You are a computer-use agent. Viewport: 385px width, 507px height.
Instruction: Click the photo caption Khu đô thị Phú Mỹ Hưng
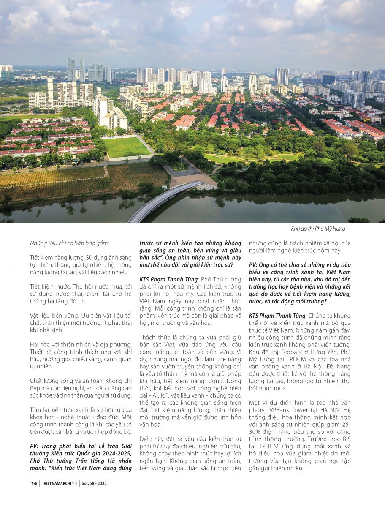pyautogui.click(x=318, y=229)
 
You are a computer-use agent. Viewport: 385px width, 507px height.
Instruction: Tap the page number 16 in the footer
pyautogui.click(x=34, y=483)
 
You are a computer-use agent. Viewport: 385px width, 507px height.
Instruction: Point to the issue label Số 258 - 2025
pyautogui.click(x=95, y=483)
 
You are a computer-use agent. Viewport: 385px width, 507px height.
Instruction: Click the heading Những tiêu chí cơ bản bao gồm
pyautogui.click(x=70, y=243)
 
